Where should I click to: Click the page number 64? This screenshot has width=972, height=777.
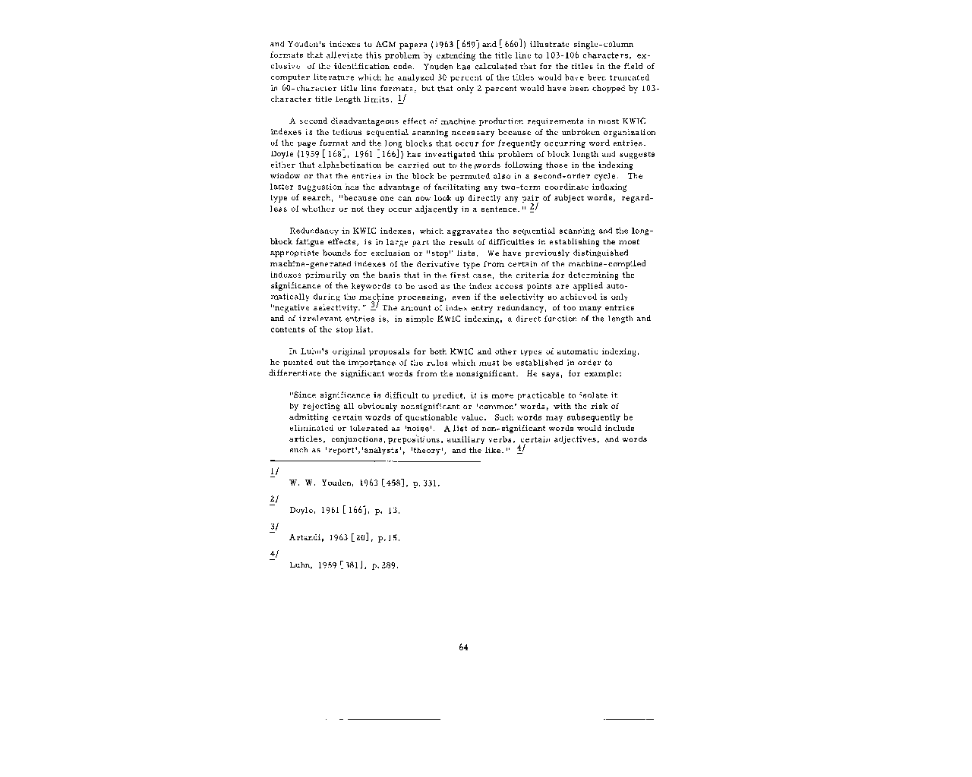463,647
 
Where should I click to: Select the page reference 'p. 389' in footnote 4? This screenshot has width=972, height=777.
385,566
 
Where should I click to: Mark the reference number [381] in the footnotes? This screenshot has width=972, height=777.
353,566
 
